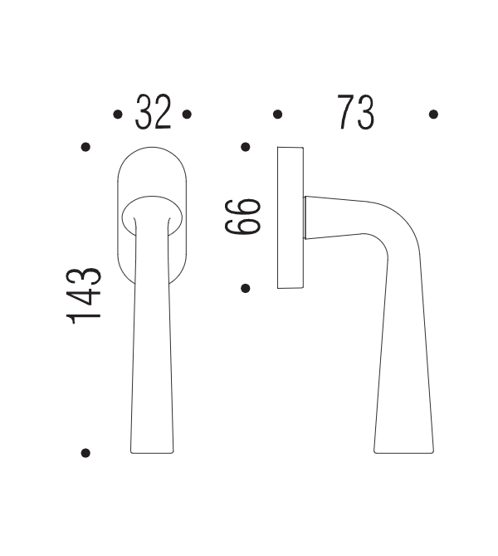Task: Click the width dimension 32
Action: point(153,113)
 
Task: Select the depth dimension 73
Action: point(355,113)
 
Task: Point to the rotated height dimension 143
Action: point(85,295)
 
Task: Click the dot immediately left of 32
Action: point(117,115)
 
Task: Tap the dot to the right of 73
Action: point(433,115)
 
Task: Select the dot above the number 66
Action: point(246,148)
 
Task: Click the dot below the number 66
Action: point(246,289)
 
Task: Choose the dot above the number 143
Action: point(85,148)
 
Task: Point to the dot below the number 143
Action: point(85,453)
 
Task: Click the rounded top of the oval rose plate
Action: point(152,154)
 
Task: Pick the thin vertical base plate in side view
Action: point(290,217)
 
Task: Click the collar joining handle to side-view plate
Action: point(308,217)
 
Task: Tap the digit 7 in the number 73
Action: point(346,113)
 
